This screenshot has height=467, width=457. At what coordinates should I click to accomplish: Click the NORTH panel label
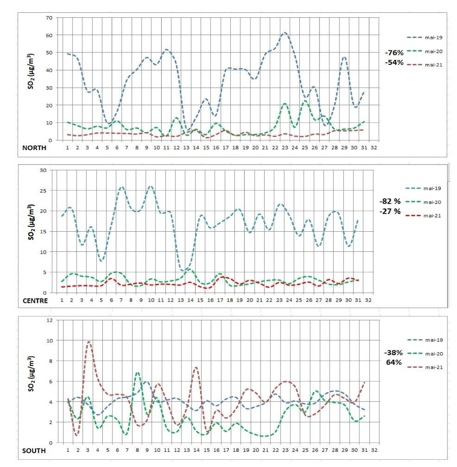point(35,148)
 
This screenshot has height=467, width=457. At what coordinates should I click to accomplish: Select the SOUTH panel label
point(34,451)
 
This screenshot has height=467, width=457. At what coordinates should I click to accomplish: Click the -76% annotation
point(394,53)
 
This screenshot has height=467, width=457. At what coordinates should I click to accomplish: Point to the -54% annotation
point(394,62)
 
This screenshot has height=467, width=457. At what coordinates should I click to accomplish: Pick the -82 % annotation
point(390,201)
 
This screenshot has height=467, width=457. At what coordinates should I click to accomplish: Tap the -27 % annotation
point(390,211)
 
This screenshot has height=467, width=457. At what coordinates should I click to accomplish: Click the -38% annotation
point(393,353)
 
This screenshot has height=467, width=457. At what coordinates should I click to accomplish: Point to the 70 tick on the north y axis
point(49,18)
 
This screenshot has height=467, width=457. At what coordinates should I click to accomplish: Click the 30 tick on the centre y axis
point(44,170)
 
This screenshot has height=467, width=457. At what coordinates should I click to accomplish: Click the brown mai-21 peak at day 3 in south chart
point(89,342)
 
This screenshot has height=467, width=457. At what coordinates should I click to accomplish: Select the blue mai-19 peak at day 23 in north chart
point(284,33)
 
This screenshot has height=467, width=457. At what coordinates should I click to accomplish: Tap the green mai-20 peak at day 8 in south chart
point(138,373)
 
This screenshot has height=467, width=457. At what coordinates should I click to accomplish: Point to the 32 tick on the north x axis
point(374,148)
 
